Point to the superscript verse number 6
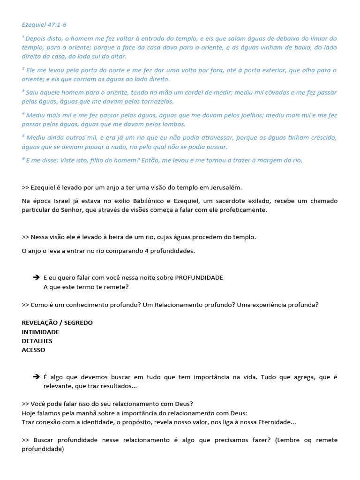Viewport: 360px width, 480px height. pyautogui.click(x=23, y=159)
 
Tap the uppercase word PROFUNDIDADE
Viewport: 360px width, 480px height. pyautogui.click(x=199, y=277)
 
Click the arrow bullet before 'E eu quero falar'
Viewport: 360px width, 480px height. pyautogui.click(x=36, y=277)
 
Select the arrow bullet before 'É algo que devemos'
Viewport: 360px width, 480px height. pyautogui.click(x=36, y=377)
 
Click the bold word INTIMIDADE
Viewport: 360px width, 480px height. pyautogui.click(x=40, y=332)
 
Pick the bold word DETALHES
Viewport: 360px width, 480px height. pyautogui.click(x=37, y=341)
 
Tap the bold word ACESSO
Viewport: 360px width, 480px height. pyautogui.click(x=33, y=350)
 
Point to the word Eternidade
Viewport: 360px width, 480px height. pyautogui.click(x=272, y=422)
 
